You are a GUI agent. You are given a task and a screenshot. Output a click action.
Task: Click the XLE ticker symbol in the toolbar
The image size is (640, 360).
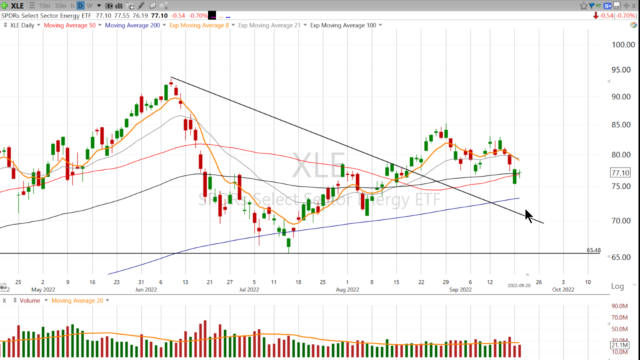click(17, 5)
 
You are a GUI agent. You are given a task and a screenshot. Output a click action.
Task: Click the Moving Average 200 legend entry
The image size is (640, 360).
click(133, 25)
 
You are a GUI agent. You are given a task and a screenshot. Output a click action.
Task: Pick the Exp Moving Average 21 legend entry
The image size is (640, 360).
click(270, 25)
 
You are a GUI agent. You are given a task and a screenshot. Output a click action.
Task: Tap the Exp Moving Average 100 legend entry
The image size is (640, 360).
click(347, 25)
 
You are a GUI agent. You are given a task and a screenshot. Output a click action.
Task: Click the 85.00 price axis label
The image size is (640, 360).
click(621, 125)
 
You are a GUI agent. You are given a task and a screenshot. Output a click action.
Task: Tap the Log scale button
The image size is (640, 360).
click(618, 287)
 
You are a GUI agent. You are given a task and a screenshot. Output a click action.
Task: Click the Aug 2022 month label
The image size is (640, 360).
click(347, 289)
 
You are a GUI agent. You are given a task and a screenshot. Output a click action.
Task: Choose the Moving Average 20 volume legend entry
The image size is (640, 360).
click(77, 301)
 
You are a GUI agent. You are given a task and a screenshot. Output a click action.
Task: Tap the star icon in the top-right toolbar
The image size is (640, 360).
click(584, 5)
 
